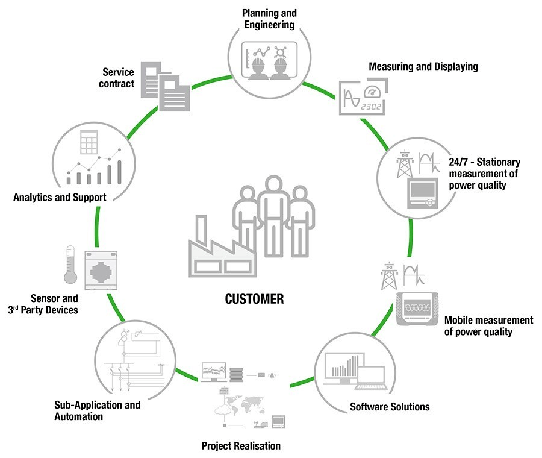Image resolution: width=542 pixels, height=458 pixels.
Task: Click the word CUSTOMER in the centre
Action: pos(254,299)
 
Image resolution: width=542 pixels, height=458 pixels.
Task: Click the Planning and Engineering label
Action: pos(269,19)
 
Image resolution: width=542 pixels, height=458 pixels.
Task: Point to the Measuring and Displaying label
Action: pos(423,67)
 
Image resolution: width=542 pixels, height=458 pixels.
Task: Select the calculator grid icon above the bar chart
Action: pos(89,143)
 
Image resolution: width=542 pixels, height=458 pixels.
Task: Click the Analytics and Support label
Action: pos(60,196)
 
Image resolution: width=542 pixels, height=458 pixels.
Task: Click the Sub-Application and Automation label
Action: pos(97,410)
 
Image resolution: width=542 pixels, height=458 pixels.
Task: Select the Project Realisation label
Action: pos(241,447)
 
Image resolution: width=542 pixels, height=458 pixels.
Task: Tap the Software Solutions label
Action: pos(390,407)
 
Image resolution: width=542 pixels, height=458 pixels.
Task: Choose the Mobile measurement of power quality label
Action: pos(488,325)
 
